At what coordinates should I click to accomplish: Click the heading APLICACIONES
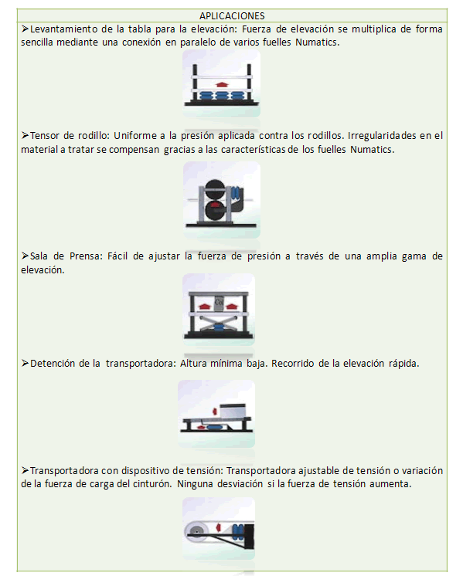[x=232, y=15]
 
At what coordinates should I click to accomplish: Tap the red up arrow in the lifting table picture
[x=222, y=84]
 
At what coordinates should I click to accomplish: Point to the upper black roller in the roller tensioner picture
[x=214, y=188]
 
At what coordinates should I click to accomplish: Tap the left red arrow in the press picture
[x=205, y=306]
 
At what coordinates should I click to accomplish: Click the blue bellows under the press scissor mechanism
[x=219, y=328]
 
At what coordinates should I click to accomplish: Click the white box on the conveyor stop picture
[x=233, y=410]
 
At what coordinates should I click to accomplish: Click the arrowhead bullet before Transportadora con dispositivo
[x=25, y=470]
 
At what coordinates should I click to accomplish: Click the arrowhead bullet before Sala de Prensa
[x=25, y=256]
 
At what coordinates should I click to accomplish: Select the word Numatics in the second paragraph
[x=372, y=150]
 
